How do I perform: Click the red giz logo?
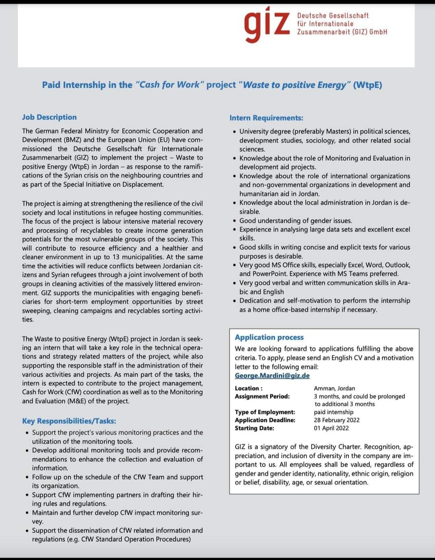(x=267, y=24)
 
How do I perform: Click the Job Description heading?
(x=49, y=117)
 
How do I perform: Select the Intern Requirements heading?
(x=266, y=118)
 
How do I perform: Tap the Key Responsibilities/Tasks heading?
(x=69, y=421)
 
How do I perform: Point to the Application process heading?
(x=269, y=337)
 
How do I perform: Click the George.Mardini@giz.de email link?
(x=272, y=376)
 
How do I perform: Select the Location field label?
(x=249, y=388)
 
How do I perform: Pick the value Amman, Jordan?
(x=334, y=388)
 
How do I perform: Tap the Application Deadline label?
(x=265, y=420)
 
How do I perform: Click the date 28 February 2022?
(x=337, y=420)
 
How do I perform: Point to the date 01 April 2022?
(x=331, y=428)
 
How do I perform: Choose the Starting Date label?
(x=254, y=428)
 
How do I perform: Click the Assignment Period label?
(x=262, y=396)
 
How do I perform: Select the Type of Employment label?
(x=265, y=412)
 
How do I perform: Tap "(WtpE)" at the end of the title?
(x=367, y=85)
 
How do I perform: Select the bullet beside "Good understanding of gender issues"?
(x=234, y=221)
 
